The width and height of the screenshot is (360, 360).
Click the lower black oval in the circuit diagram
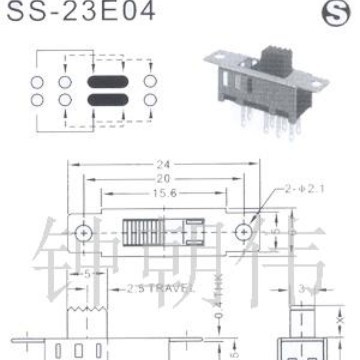(x=107, y=100)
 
